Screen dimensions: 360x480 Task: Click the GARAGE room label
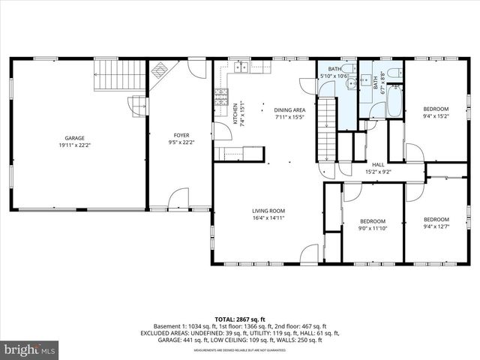74,138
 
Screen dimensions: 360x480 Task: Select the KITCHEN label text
235,113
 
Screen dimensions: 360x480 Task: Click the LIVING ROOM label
268,211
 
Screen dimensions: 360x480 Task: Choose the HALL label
379,165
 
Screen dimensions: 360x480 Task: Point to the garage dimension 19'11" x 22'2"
74,145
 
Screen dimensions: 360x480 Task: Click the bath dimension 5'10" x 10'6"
334,76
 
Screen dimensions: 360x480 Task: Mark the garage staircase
113,76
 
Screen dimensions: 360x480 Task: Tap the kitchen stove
221,96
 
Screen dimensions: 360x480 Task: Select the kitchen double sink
241,69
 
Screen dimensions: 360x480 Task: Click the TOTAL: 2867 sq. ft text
240,319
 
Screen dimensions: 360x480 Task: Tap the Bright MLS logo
30,349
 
